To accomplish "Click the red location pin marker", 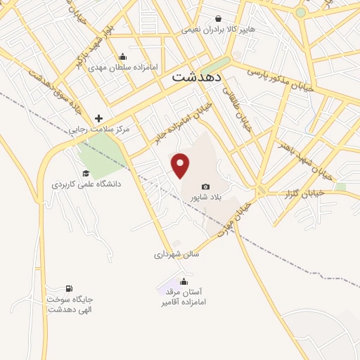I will [181, 165].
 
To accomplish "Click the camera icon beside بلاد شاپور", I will [205, 186].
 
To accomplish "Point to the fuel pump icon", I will [69, 289].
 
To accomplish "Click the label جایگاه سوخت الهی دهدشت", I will [70, 304].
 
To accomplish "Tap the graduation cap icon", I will [86, 173].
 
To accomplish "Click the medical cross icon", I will [98, 118].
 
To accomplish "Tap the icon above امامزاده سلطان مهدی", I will [123, 57].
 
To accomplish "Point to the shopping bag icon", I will [219, 19].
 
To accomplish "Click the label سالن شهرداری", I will [177, 254].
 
